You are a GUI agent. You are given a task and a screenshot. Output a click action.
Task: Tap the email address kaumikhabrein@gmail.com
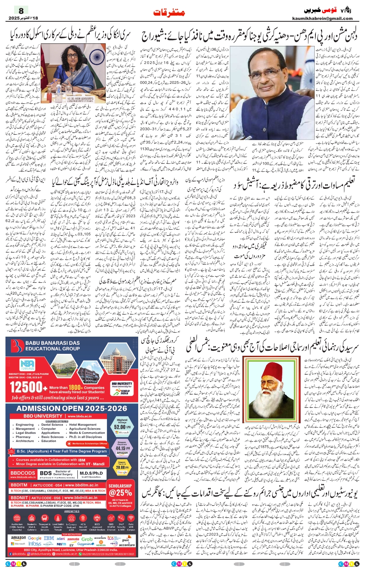[322, 18]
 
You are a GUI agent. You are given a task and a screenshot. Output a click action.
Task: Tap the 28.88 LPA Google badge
[122, 467]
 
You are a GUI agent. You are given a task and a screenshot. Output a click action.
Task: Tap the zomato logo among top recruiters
[73, 539]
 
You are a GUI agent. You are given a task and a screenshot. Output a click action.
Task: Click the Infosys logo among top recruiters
[35, 544]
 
